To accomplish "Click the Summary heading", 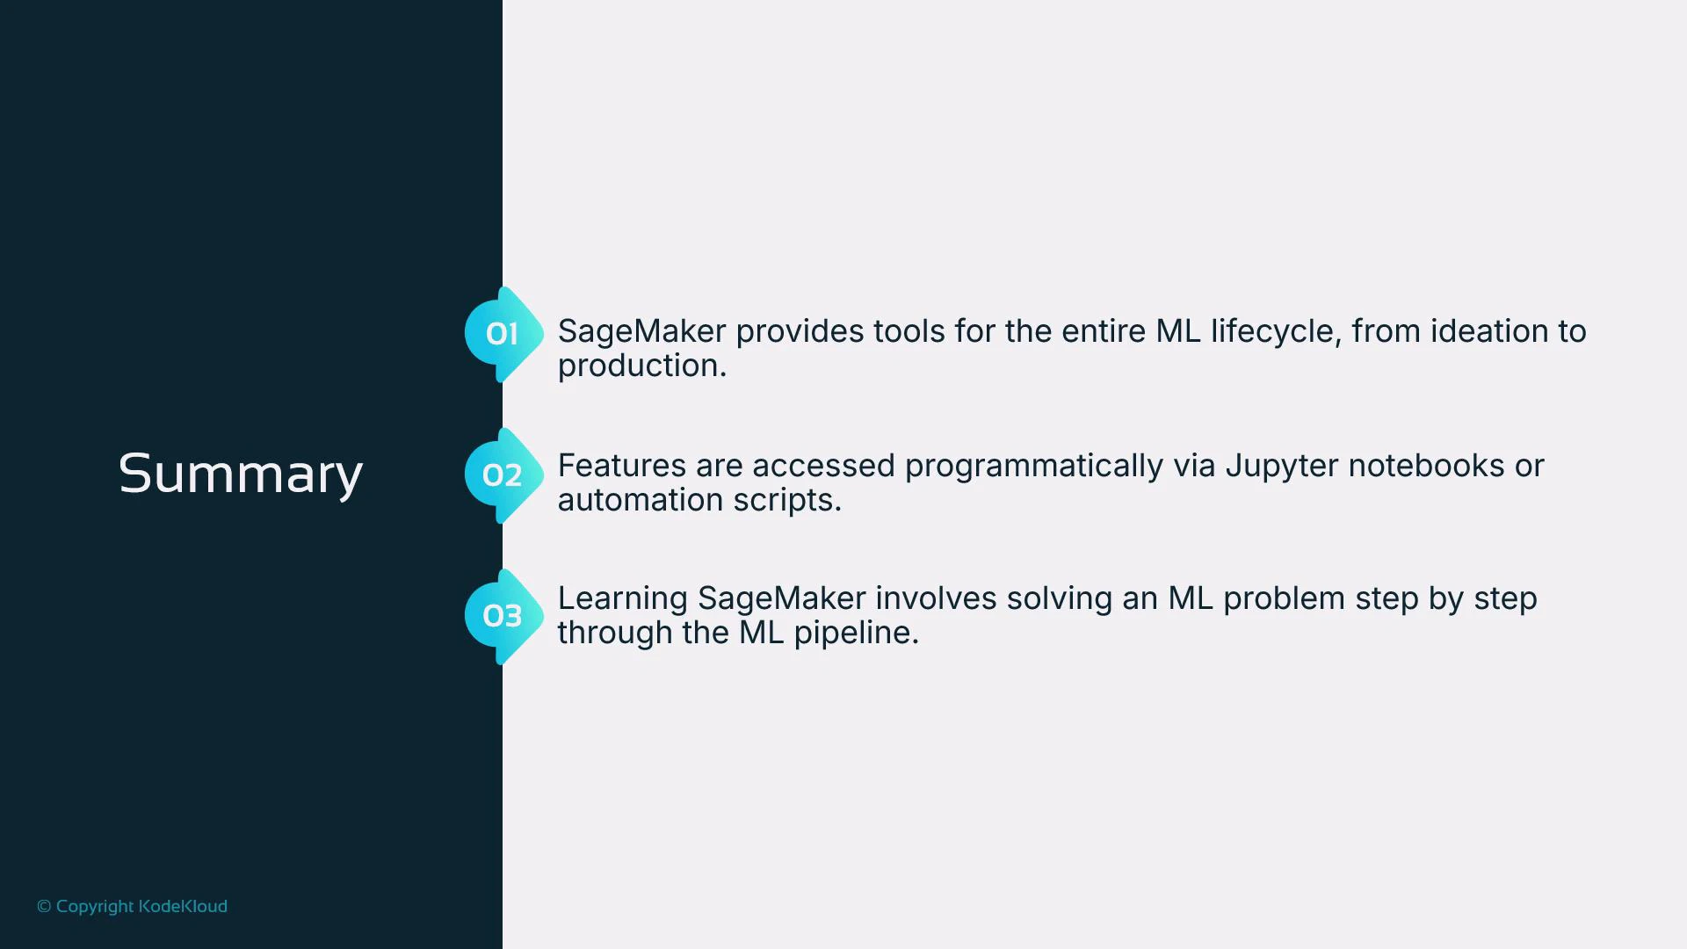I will coord(240,474).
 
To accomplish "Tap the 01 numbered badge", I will coord(503,334).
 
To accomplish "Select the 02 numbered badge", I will coord(503,475).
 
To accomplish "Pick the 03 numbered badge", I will coord(503,616).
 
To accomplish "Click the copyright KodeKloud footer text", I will coord(132,906).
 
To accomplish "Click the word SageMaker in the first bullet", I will coord(641,331).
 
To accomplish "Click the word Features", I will coord(621,466).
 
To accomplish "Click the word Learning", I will coord(622,599).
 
